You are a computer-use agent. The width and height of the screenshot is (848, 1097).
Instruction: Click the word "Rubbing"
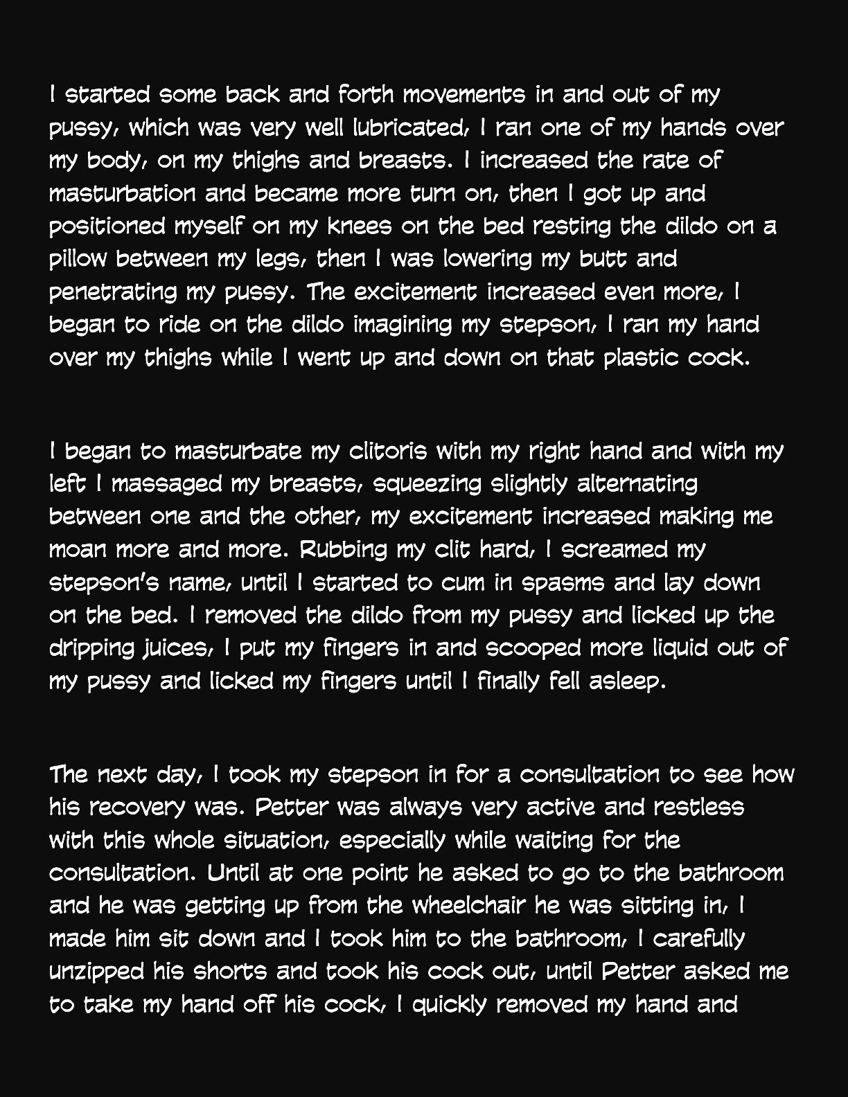click(344, 549)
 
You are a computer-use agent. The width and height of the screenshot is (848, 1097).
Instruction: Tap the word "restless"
click(698, 807)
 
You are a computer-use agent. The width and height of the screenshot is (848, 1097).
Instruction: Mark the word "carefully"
click(698, 939)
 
